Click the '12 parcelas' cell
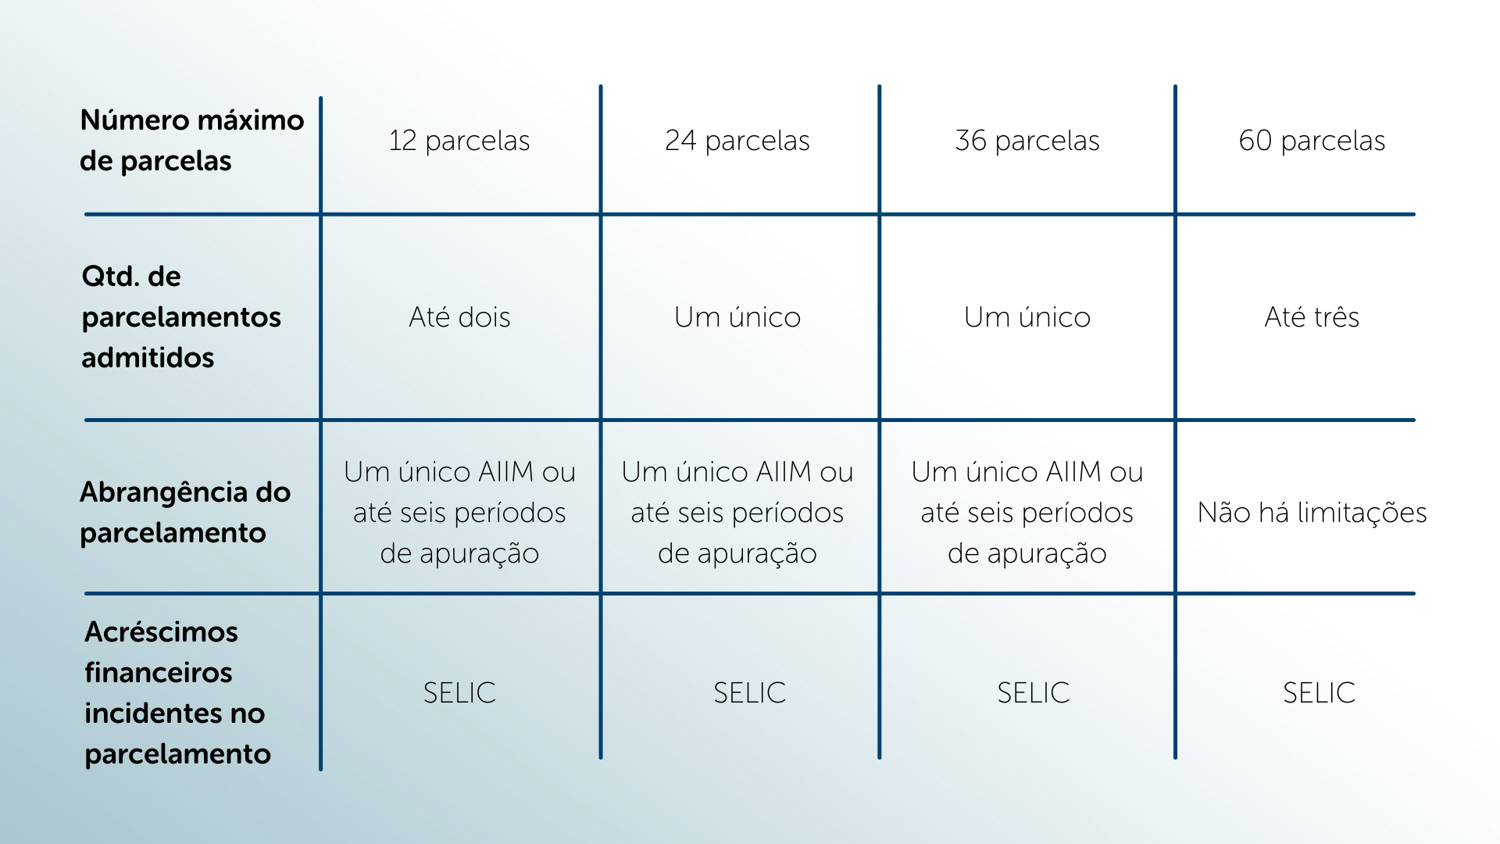pyautogui.click(x=459, y=141)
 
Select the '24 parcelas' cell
pyautogui.click(x=737, y=141)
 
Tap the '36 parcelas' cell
pyautogui.click(x=1027, y=141)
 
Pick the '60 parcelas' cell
pyautogui.click(x=1312, y=141)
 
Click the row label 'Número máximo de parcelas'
pyautogui.click(x=192, y=141)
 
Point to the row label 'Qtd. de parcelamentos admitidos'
pyautogui.click(x=181, y=316)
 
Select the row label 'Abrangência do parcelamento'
pyautogui.click(x=185, y=513)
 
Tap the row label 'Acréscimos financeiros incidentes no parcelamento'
pyautogui.click(x=178, y=692)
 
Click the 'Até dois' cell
pyautogui.click(x=459, y=317)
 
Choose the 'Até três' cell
pyautogui.click(x=1312, y=317)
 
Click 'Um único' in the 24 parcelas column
pyautogui.click(x=737, y=317)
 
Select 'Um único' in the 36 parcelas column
pyautogui.click(x=1027, y=317)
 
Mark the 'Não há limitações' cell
pyautogui.click(x=1312, y=513)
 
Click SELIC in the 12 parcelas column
pyautogui.click(x=459, y=693)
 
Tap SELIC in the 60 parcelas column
pyautogui.click(x=1319, y=693)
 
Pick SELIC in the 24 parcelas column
pyautogui.click(x=749, y=693)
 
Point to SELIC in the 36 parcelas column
pyautogui.click(x=1033, y=693)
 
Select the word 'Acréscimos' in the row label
pyautogui.click(x=161, y=632)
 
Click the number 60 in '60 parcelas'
pyautogui.click(x=1255, y=141)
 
